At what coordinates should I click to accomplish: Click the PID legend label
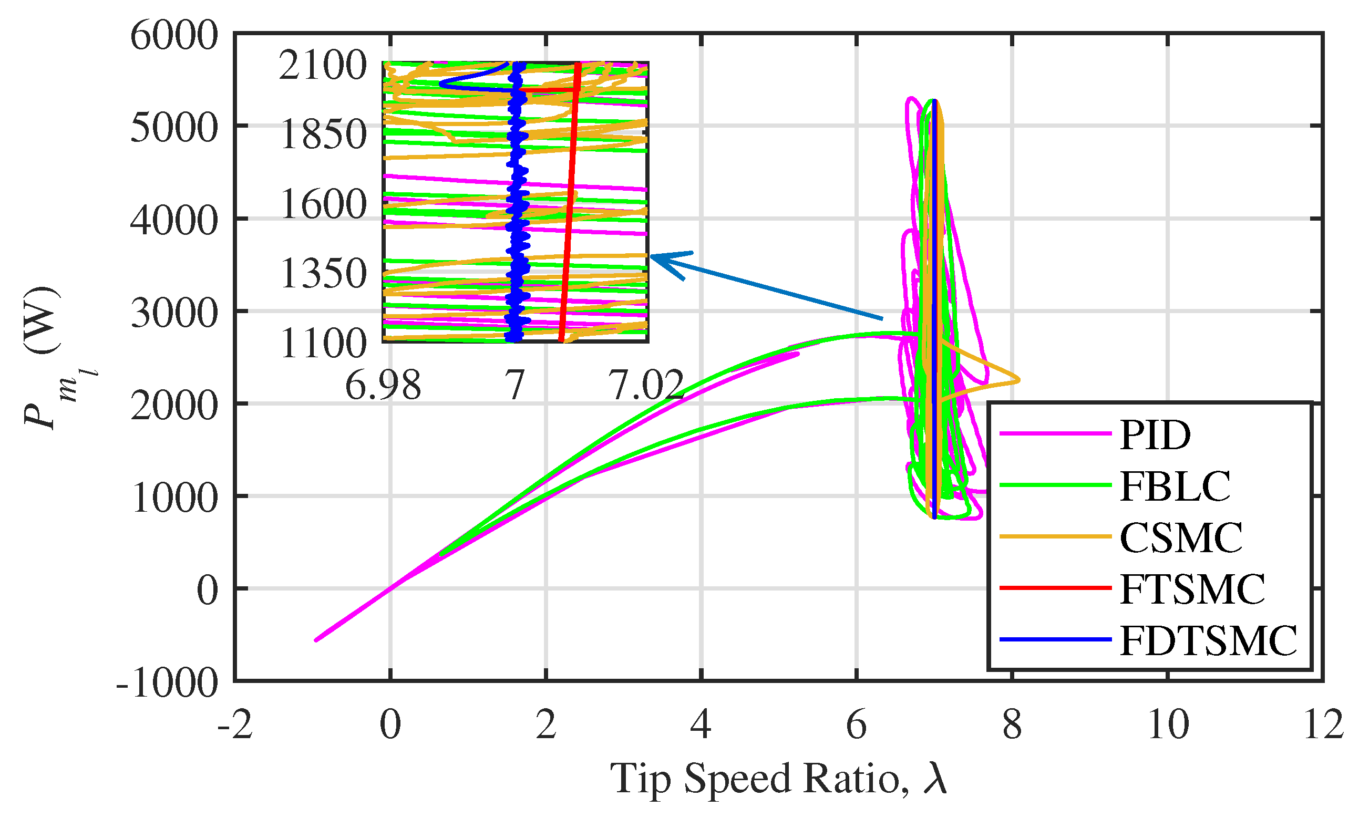(1155, 436)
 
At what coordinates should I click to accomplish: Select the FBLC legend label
(1175, 486)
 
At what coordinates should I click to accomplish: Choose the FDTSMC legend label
(1208, 640)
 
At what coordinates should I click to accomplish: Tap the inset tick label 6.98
(383, 385)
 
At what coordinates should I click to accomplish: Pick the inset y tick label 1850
(323, 134)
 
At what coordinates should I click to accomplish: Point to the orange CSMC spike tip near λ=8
(1019, 380)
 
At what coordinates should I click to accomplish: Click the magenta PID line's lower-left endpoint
(315, 640)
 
